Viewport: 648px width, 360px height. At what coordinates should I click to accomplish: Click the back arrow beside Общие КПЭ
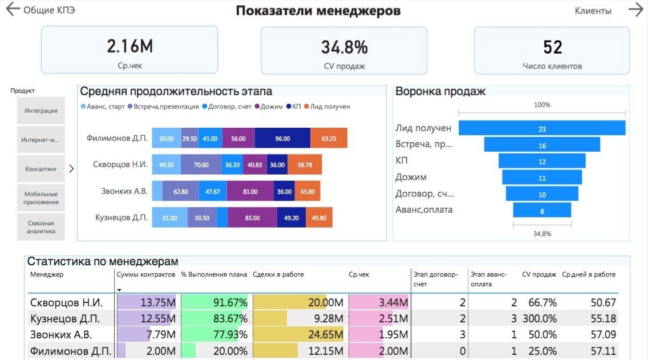click(x=12, y=10)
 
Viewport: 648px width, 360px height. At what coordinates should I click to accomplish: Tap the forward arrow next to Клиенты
click(x=635, y=10)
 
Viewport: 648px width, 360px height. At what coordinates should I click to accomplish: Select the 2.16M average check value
click(x=129, y=46)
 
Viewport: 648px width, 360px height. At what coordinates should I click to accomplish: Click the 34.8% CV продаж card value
click(x=344, y=47)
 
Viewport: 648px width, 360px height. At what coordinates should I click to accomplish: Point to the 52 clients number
click(x=552, y=47)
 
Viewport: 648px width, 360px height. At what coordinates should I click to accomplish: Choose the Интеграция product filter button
click(x=41, y=111)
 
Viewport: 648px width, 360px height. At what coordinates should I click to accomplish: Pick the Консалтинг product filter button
click(x=41, y=169)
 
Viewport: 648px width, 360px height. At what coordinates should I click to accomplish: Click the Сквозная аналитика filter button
click(x=41, y=227)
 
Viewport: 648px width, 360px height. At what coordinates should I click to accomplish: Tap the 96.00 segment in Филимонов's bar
click(x=282, y=139)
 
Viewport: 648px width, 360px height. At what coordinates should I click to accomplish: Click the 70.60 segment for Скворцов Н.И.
click(x=201, y=165)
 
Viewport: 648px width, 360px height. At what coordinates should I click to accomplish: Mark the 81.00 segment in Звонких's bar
click(x=250, y=192)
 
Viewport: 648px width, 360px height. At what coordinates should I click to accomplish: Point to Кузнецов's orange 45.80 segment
click(x=319, y=218)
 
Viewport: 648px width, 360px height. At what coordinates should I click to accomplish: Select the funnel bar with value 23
click(x=542, y=129)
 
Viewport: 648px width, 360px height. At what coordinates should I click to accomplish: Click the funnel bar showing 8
click(x=542, y=211)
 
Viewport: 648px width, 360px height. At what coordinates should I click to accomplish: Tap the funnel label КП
click(x=403, y=160)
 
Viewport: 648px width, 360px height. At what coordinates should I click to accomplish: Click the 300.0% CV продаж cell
click(x=539, y=318)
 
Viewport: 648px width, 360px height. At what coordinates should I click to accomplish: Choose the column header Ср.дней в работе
click(x=589, y=274)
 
